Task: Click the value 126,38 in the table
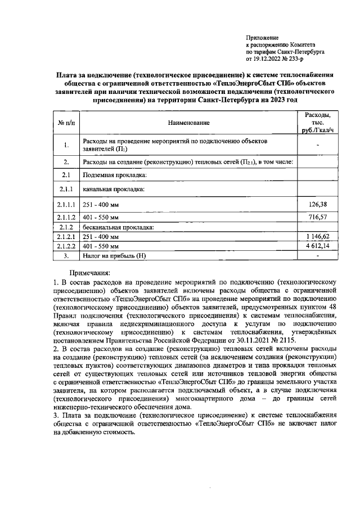318,204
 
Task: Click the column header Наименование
188,122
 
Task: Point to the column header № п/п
66,122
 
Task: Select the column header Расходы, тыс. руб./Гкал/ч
318,122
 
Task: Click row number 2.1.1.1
66,204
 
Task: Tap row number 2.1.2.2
66,246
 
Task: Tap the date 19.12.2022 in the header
269,57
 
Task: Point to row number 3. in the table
66,255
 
